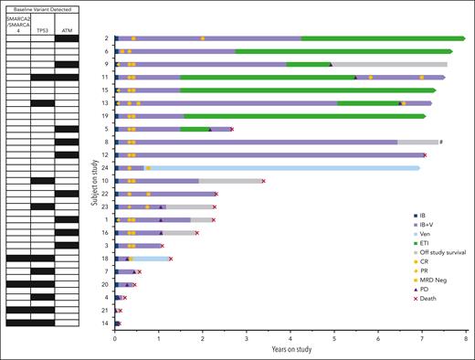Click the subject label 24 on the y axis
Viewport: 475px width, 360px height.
click(107, 168)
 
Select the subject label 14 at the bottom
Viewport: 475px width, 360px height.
click(107, 323)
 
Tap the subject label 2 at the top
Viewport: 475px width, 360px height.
click(108, 38)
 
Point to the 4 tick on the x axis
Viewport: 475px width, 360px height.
click(290, 338)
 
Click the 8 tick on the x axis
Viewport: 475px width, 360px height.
click(467, 338)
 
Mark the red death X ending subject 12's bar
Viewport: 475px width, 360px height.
click(425, 155)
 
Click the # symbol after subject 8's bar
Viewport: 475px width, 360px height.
click(441, 142)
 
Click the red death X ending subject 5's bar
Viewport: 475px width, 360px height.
click(232, 129)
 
